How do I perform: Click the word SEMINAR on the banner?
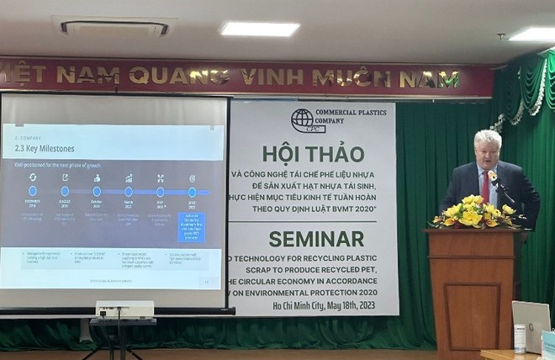point(312,238)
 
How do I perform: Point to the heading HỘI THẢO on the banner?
point(313,154)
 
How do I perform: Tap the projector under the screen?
point(124,309)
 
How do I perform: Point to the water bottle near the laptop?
point(519,339)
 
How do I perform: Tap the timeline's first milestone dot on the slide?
point(33,192)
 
